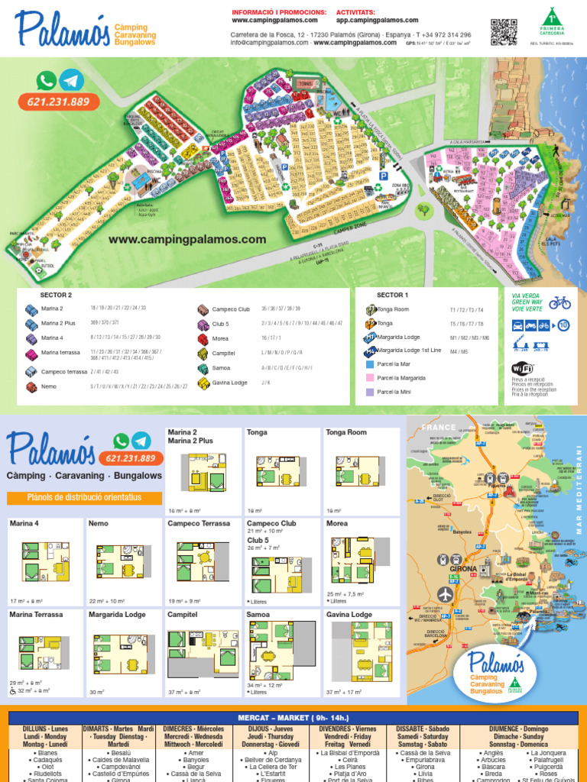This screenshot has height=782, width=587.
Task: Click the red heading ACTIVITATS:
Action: click(x=355, y=12)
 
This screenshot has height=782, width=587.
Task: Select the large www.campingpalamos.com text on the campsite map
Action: click(x=187, y=239)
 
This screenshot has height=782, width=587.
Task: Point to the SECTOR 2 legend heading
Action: click(x=56, y=295)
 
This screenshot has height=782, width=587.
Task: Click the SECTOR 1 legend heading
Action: click(x=392, y=295)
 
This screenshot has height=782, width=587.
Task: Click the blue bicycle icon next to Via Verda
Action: click(x=559, y=302)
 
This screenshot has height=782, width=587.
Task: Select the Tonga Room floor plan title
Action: click(x=346, y=432)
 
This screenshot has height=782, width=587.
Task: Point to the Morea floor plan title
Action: click(x=337, y=523)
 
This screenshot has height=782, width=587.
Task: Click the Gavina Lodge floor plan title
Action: click(x=349, y=614)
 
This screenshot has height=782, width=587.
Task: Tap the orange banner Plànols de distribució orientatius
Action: click(x=84, y=498)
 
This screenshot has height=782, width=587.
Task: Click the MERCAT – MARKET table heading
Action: click(x=293, y=717)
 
